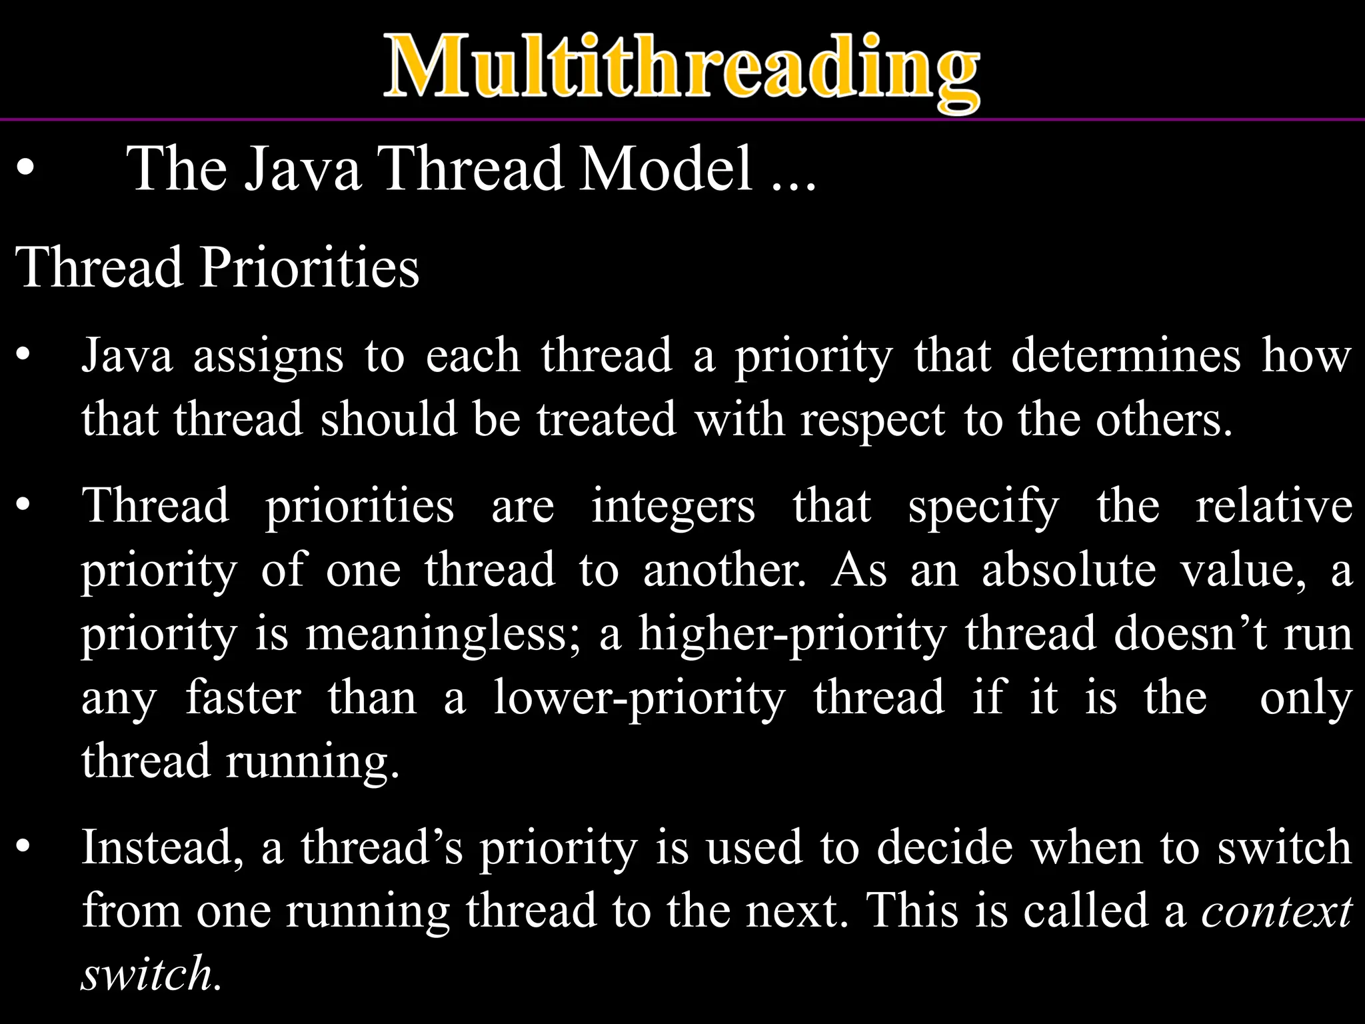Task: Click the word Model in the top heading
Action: coord(666,169)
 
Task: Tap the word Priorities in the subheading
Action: coord(309,267)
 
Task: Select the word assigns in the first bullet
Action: coord(268,357)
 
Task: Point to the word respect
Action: coord(872,421)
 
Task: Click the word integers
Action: coord(673,507)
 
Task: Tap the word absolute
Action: coord(1068,571)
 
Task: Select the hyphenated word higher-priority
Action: coord(792,634)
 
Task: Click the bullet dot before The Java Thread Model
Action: coord(25,169)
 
